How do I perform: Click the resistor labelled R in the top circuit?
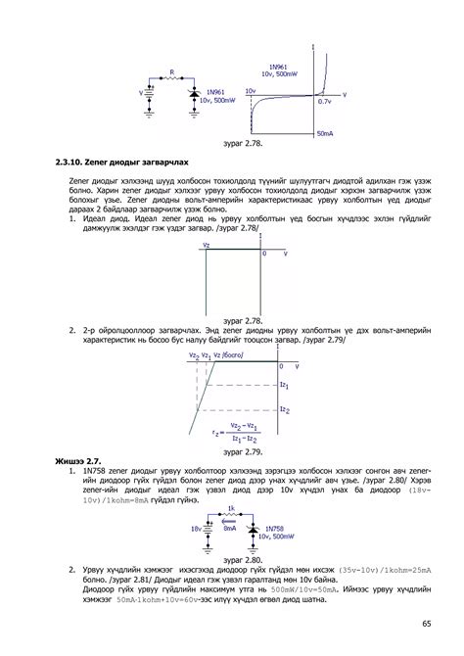pyautogui.click(x=171, y=80)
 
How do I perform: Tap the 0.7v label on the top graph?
pyautogui.click(x=325, y=101)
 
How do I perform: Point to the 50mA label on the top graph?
pyautogui.click(x=326, y=132)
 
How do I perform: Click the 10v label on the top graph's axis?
pyautogui.click(x=251, y=90)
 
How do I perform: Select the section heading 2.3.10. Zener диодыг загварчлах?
pyautogui.click(x=121, y=160)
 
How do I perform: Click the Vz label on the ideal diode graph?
pyautogui.click(x=207, y=245)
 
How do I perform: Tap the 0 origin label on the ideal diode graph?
pyautogui.click(x=264, y=254)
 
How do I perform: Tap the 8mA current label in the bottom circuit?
pyautogui.click(x=229, y=528)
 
